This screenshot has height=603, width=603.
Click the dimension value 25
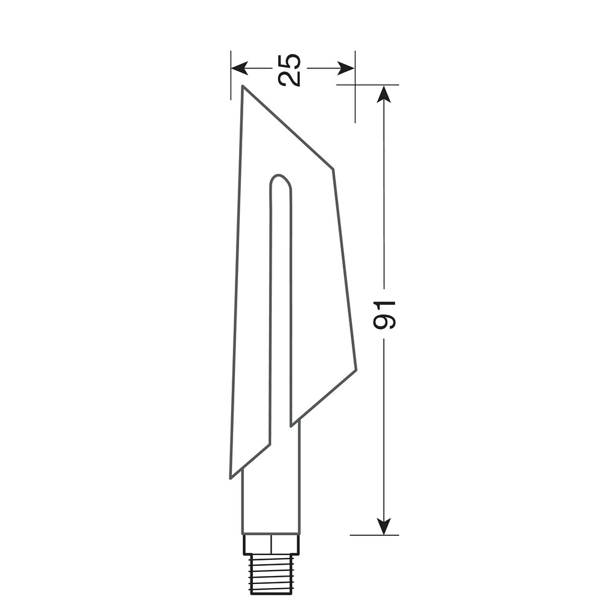click(x=289, y=69)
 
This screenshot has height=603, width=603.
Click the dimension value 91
click(x=384, y=315)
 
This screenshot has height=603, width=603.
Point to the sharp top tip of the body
click(x=242, y=86)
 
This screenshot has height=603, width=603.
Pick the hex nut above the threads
click(x=271, y=544)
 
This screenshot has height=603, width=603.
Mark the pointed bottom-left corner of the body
click(x=231, y=478)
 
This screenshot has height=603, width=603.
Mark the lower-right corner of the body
click(x=356, y=369)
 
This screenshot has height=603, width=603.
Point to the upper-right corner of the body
click(x=333, y=169)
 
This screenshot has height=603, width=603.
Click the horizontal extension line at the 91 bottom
click(x=374, y=535)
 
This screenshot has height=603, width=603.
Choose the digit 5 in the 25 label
click(x=289, y=61)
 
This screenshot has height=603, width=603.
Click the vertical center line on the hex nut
click(x=271, y=544)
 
